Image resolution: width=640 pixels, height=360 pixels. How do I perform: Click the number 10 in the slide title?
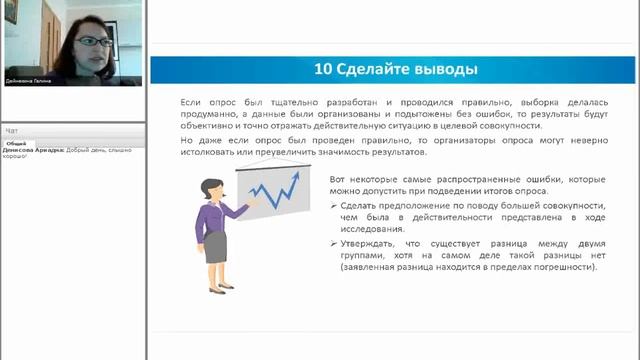tap(323, 69)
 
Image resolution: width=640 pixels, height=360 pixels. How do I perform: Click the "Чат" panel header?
tap(12, 131)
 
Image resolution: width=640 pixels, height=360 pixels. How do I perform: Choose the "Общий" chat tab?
tap(16, 143)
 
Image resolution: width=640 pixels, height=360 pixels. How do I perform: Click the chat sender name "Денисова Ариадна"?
tap(33, 150)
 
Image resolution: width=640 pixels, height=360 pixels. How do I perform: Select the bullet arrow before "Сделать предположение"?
tap(333, 205)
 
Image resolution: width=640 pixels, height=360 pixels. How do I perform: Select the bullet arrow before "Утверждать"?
tap(333, 243)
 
